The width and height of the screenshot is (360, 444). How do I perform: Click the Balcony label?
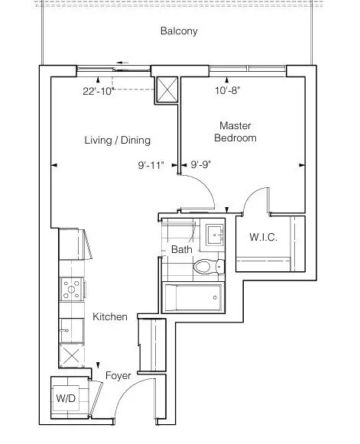(x=179, y=31)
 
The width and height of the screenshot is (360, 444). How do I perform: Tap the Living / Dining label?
(x=117, y=140)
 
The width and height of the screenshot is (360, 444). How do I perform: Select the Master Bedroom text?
(x=235, y=131)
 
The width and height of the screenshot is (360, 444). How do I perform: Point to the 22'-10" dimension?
(x=99, y=91)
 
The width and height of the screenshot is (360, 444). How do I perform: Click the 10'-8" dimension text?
(x=228, y=91)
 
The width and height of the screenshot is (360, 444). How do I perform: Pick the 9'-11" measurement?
(x=151, y=165)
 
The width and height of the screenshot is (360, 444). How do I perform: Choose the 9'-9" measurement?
(x=201, y=164)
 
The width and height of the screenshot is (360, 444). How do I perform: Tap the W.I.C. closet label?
(x=263, y=237)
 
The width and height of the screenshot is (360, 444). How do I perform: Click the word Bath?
(x=182, y=249)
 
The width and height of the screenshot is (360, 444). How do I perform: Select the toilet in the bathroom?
(x=209, y=267)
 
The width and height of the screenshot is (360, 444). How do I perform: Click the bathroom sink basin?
(x=215, y=235)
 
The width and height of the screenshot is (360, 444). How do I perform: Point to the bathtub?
(x=193, y=297)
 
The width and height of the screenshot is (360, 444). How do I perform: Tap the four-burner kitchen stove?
(x=72, y=289)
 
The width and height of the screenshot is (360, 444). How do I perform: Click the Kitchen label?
(x=110, y=316)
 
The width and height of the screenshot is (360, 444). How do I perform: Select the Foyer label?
(x=118, y=376)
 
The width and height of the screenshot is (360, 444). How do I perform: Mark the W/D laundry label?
(x=66, y=398)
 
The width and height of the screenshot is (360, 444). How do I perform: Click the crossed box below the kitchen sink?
(x=72, y=356)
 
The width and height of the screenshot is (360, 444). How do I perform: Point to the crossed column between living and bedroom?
(x=167, y=89)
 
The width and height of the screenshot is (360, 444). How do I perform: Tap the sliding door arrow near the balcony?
(x=122, y=63)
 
